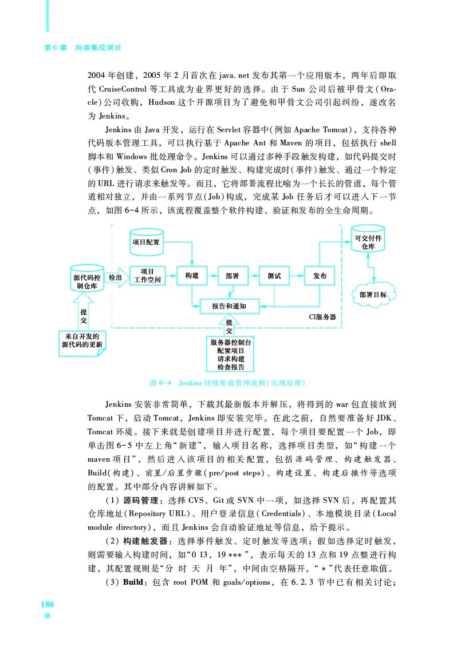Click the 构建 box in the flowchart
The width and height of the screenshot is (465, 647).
coord(192,276)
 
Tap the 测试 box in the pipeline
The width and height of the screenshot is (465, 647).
coord(274,276)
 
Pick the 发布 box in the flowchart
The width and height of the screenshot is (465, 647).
coord(319,276)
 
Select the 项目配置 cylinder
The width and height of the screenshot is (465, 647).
coord(146,243)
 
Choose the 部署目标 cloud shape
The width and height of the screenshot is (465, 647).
coord(373,295)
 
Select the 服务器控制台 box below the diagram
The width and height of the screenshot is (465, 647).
coord(230,354)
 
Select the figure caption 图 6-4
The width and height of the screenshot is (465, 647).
coord(161,382)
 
